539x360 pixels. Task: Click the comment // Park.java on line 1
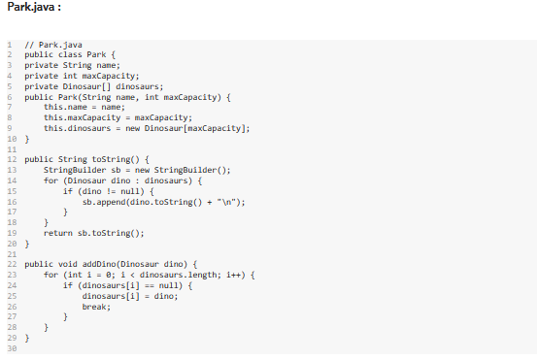pos(52,44)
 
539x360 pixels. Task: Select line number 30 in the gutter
pos(13,348)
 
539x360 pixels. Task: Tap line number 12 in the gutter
pos(13,158)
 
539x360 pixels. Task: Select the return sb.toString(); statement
pos(94,233)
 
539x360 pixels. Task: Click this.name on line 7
pos(64,107)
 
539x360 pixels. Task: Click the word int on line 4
pos(66,75)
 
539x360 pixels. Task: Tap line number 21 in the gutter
pos(13,253)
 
